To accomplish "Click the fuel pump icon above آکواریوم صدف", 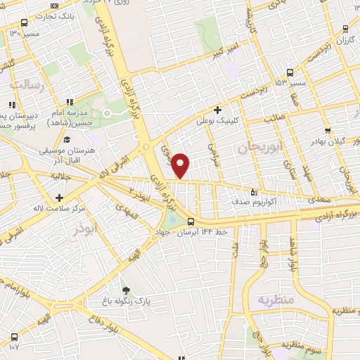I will click(x=254, y=191).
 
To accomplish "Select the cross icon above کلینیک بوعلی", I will click(x=218, y=110).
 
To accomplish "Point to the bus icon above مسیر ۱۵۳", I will click(x=290, y=72).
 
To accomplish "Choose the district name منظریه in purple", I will click(x=274, y=300).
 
